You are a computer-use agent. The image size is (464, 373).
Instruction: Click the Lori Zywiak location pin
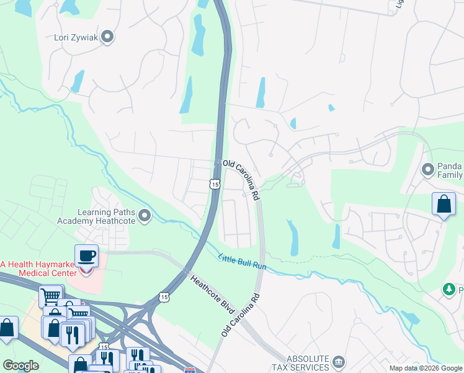tap(107, 37)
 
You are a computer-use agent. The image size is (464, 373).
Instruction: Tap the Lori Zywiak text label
tap(76, 37)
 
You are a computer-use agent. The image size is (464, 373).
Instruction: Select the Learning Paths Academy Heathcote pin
tap(145, 216)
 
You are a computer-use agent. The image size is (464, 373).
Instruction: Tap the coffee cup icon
tap(86, 256)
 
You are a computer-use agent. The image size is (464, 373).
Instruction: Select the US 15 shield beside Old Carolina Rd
tap(214, 184)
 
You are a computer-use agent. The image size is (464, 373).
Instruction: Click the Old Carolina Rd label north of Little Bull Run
tap(241, 180)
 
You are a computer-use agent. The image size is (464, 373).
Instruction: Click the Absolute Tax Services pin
tap(339, 361)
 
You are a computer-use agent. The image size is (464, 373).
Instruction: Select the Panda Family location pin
tap(427, 169)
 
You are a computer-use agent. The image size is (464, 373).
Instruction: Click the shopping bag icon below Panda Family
tap(444, 204)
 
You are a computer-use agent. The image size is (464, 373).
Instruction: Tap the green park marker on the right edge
tap(448, 289)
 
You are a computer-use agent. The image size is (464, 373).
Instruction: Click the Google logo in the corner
tap(21, 366)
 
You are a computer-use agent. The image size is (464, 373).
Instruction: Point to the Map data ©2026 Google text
tap(425, 368)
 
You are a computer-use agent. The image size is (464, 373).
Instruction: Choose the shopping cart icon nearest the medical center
tap(51, 296)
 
